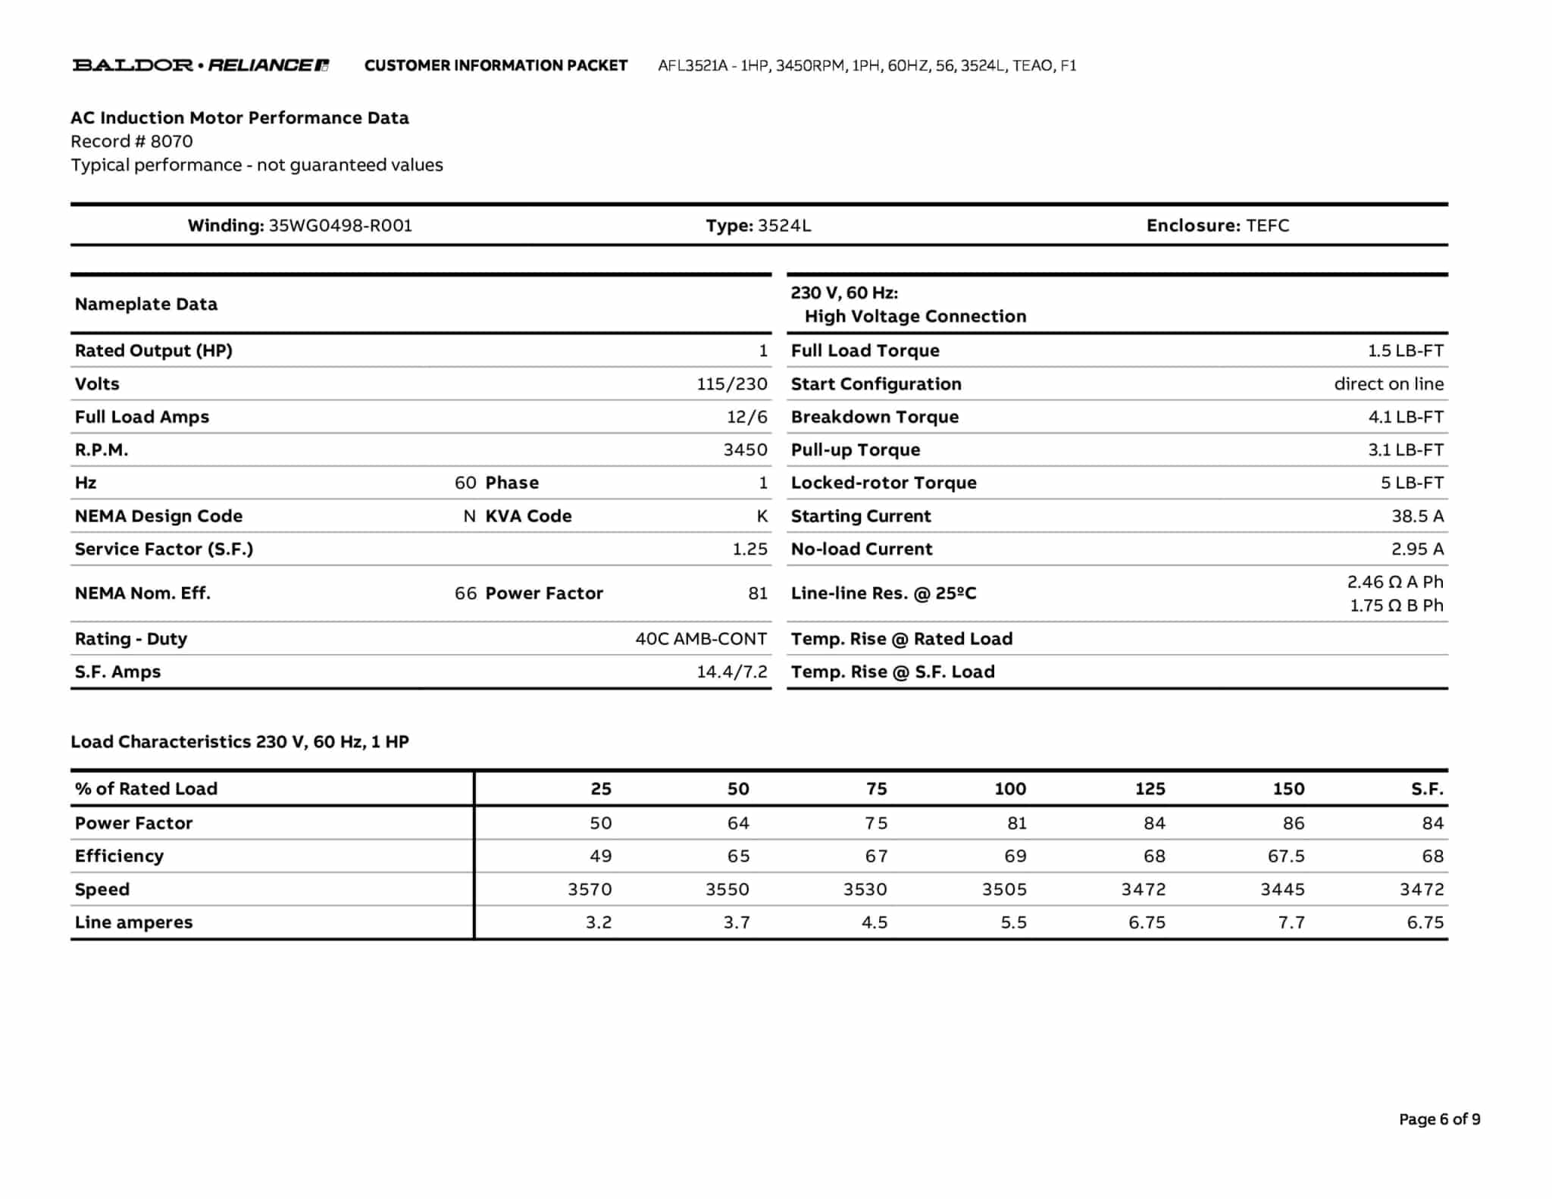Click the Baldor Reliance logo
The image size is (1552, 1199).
coord(200,65)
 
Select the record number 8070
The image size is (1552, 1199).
coord(171,142)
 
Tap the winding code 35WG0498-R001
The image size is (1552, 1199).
coord(340,226)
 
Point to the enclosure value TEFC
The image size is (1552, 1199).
coord(1267,226)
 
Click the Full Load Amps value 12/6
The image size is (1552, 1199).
coord(746,417)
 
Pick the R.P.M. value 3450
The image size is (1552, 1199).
coord(745,450)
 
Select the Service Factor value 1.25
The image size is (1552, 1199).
coord(749,549)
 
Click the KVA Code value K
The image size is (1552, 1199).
coord(762,516)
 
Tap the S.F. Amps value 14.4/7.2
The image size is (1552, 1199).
coord(731,672)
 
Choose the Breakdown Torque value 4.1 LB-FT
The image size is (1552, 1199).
coord(1405,417)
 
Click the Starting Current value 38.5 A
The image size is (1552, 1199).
coord(1417,516)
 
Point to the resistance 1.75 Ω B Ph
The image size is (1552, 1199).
coord(1396,606)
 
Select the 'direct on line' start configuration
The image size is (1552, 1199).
coord(1388,384)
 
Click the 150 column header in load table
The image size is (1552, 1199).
coord(1288,789)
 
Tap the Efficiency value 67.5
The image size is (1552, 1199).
coord(1286,856)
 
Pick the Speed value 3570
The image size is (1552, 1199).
coord(590,890)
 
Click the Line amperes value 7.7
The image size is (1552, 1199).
coord(1291,923)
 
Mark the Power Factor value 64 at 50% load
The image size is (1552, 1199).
coord(738,823)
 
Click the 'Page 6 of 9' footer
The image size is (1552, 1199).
coord(1439,1119)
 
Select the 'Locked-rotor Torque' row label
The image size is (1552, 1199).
coord(884,483)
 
